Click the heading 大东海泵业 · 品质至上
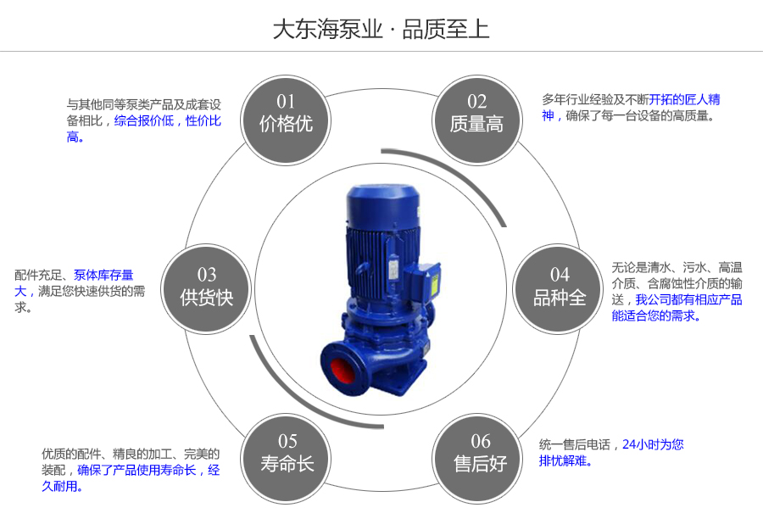[x=381, y=30]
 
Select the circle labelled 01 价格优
[x=286, y=115]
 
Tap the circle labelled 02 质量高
[x=476, y=115]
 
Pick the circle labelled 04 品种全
[x=560, y=288]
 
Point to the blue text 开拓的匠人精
[x=684, y=99]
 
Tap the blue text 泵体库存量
[x=103, y=275]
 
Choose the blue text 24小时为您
[x=653, y=444]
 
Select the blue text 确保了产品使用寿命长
[x=136, y=470]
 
